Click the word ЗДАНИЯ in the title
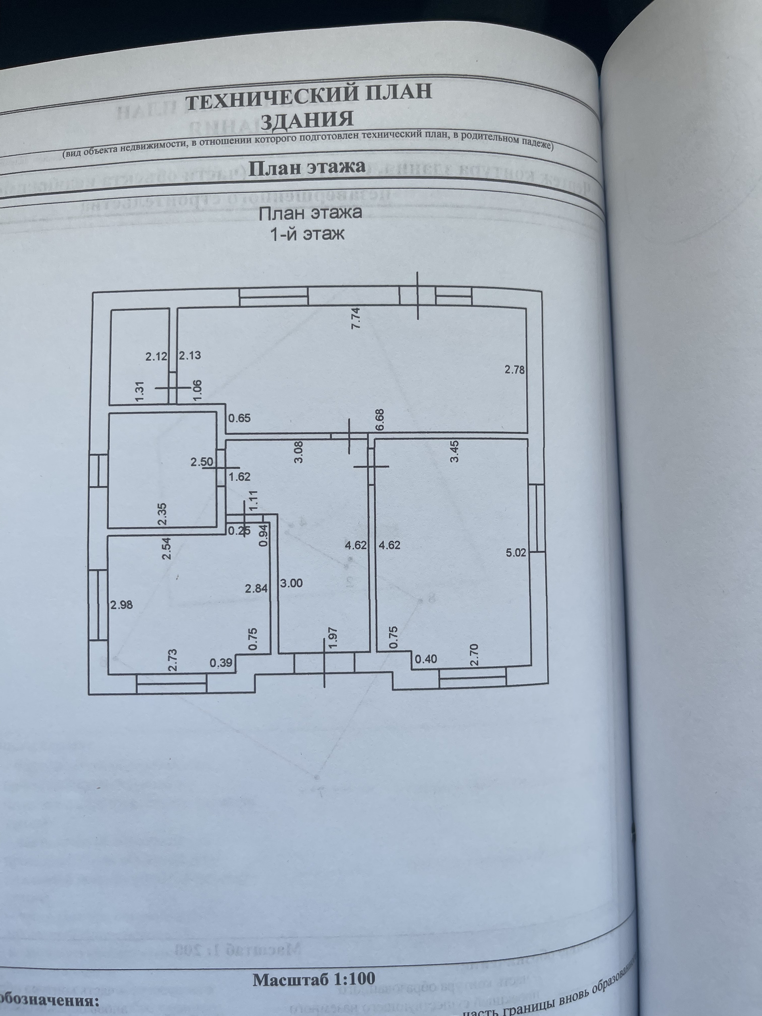tap(307, 120)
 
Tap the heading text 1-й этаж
tap(307, 235)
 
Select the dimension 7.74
tap(356, 317)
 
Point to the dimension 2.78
tap(514, 370)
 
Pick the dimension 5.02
tap(516, 553)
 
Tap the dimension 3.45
tap(455, 452)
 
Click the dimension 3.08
tap(298, 452)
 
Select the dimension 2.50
tap(202, 462)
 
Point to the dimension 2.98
tap(121, 605)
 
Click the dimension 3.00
tap(291, 583)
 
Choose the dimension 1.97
tap(334, 639)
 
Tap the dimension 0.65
tap(239, 418)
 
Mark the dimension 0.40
tap(426, 660)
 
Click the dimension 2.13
tap(190, 355)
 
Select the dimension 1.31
tap(140, 392)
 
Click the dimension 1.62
tap(239, 477)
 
